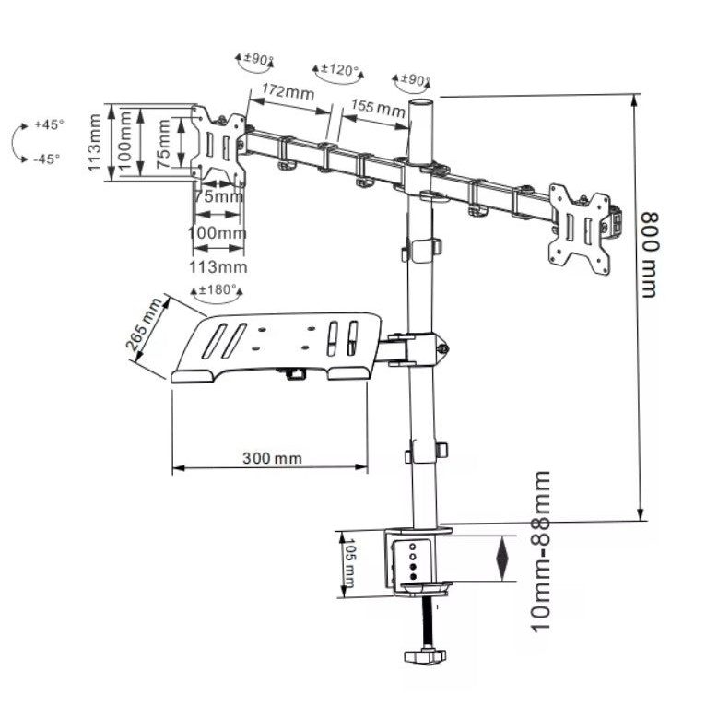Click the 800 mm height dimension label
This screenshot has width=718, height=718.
649,255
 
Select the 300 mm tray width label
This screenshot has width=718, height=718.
272,458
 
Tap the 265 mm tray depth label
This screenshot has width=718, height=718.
144,324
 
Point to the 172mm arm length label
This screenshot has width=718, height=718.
288,91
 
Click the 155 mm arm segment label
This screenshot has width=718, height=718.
378,108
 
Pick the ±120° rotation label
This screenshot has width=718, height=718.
340,70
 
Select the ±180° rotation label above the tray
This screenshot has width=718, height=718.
218,289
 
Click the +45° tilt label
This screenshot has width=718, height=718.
49,124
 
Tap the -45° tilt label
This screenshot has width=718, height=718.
47,159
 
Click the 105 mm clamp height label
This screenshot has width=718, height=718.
349,563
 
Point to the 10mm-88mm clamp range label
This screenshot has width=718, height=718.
540,551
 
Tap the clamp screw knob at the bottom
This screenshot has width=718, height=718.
425,655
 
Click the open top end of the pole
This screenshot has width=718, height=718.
420,102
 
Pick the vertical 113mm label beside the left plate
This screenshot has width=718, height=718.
94,143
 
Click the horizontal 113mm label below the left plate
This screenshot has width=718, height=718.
218,266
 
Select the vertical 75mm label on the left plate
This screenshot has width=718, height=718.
163,144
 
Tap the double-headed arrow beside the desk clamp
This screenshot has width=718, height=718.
502,559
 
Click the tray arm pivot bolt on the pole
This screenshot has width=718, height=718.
442,349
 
